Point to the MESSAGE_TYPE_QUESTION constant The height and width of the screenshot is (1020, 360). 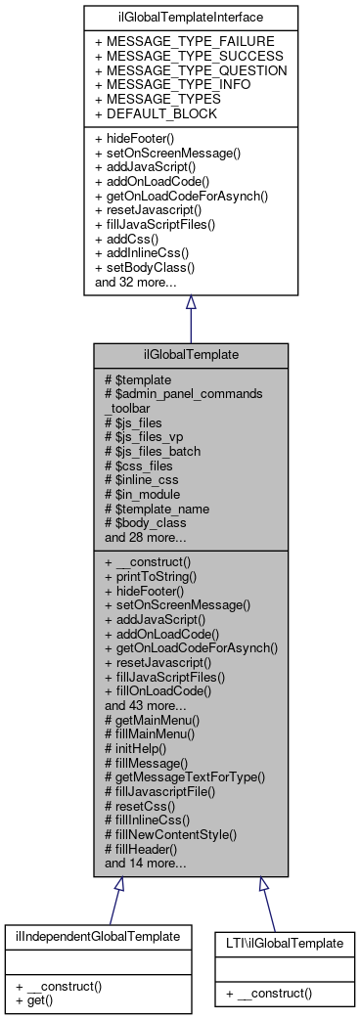coord(190,70)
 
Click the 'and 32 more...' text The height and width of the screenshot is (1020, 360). coord(135,282)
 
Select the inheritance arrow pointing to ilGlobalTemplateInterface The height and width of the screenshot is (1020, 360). coord(191,303)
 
